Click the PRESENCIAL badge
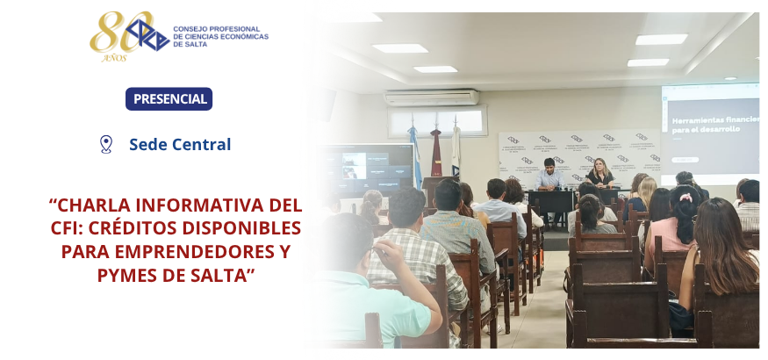[169, 99]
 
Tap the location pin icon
[106, 145]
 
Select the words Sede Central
[180, 145]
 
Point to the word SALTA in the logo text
[183, 44]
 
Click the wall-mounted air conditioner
[432, 97]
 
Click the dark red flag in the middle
[435, 152]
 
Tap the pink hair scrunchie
[686, 198]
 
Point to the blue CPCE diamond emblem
[147, 35]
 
